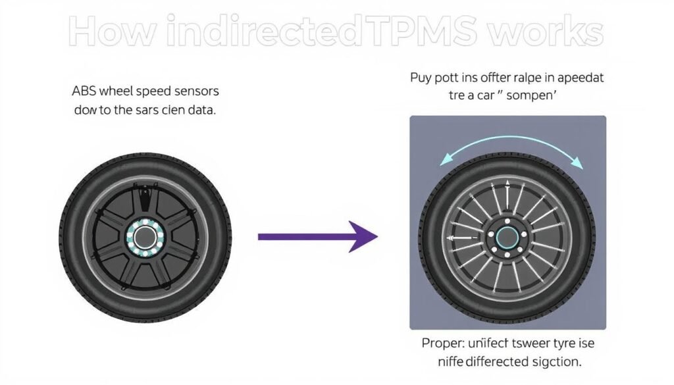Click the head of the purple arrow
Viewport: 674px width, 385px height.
point(364,236)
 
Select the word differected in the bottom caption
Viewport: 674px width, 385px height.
point(488,363)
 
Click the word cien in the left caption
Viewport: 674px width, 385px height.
point(171,111)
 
